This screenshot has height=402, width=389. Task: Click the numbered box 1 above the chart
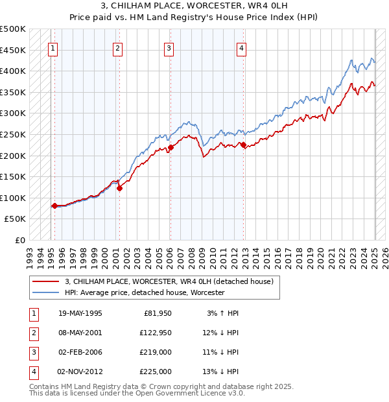click(53, 47)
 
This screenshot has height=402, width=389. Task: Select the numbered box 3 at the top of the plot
click(169, 47)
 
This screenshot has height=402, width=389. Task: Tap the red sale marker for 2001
click(119, 189)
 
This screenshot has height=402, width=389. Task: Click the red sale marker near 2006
click(171, 148)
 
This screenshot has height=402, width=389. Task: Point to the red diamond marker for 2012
click(244, 145)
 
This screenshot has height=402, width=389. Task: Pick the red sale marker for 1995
click(54, 206)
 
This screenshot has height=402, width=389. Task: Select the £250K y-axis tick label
click(13, 135)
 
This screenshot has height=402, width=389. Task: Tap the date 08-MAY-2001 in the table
click(80, 333)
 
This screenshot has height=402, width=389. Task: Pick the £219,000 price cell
click(156, 353)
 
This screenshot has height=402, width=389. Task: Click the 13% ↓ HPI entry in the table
click(221, 372)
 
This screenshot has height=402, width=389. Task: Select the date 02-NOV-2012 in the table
click(80, 372)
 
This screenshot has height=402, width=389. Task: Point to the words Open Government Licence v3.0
click(193, 394)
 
